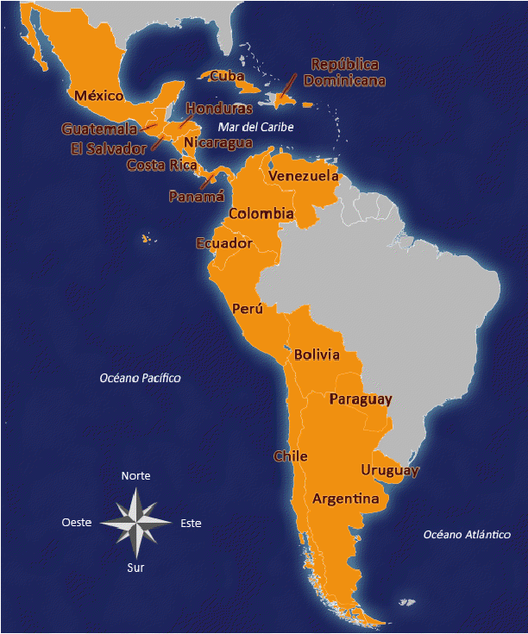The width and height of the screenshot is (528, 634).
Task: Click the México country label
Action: coord(98,95)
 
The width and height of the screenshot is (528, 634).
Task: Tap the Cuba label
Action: coord(227,76)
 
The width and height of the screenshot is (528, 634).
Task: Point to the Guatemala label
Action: coord(99,129)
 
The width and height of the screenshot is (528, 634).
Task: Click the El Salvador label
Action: coord(109,148)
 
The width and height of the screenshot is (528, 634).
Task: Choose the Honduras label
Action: coord(219,109)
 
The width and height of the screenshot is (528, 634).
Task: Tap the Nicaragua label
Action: coord(217,142)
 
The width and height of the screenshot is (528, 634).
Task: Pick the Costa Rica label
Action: coord(162,164)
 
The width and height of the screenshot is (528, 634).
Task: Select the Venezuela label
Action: coord(303,176)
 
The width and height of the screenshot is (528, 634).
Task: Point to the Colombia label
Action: coord(261,213)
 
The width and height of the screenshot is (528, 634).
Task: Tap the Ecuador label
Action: coord(224,243)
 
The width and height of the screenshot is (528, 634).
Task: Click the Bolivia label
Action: coord(317,355)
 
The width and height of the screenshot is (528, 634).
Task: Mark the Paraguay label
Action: coord(361,399)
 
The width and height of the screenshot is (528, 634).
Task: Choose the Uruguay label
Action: coord(390,470)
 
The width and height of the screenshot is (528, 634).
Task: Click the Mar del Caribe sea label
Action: coord(255,127)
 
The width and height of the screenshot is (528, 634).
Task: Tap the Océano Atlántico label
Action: coord(467,535)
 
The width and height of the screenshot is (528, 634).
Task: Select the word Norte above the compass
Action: coord(135,476)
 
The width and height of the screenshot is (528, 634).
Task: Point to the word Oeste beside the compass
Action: coord(77,523)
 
